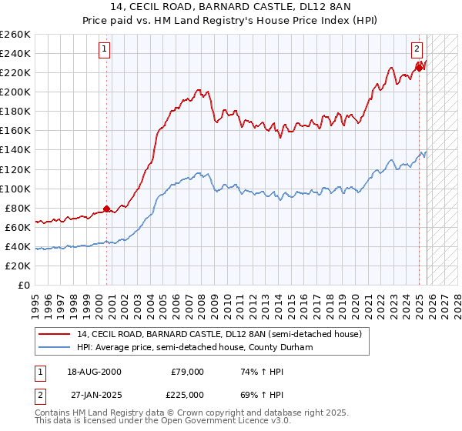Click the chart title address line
(x=230, y=7)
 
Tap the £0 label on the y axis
(x=25, y=285)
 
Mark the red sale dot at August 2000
(x=106, y=209)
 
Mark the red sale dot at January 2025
(x=419, y=68)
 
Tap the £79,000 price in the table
(x=187, y=372)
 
